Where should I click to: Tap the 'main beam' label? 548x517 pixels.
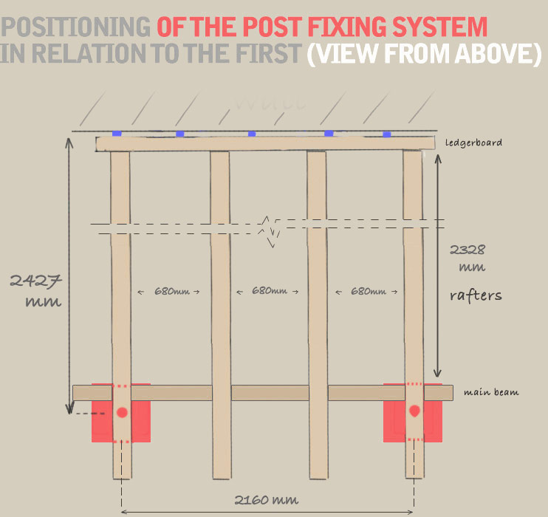coord(490,392)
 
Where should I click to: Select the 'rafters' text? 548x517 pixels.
coord(476,295)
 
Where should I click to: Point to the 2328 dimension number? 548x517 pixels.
coord(467,250)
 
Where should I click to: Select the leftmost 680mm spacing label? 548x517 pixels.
coord(169,291)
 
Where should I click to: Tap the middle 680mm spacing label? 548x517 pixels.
coord(267,291)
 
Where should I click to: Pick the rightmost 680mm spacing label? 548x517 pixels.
coord(366,291)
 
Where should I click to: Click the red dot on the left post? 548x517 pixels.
coord(122,411)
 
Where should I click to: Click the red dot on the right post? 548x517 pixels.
coord(414,411)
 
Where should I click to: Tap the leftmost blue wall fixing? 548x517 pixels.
coord(116,134)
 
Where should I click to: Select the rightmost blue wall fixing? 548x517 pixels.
coord(387,134)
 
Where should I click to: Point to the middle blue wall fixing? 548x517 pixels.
coord(252,134)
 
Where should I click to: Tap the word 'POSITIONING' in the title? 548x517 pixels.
coord(77,27)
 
